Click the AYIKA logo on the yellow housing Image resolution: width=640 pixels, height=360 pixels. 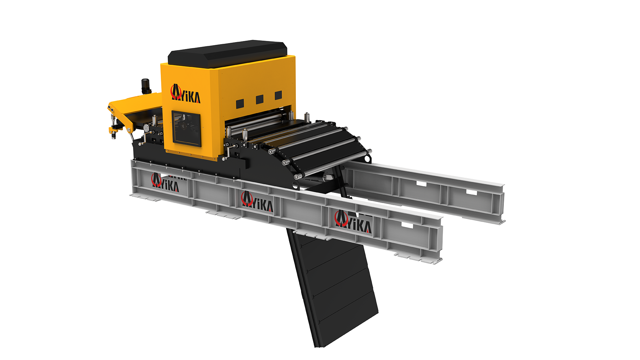click(185, 94)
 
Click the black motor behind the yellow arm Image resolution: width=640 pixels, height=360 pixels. click(146, 86)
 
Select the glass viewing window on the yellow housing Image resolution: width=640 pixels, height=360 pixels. click(187, 128)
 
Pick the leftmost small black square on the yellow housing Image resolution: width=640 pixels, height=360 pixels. click(240, 103)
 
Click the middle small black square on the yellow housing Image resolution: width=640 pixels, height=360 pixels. click(259, 99)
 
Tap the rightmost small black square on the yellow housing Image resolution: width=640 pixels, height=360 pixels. click(278, 95)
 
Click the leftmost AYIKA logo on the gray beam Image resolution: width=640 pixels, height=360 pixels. click(165, 183)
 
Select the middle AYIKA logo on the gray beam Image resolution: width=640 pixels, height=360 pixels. click(257, 202)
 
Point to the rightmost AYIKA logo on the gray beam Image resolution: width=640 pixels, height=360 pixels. click(353, 221)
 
